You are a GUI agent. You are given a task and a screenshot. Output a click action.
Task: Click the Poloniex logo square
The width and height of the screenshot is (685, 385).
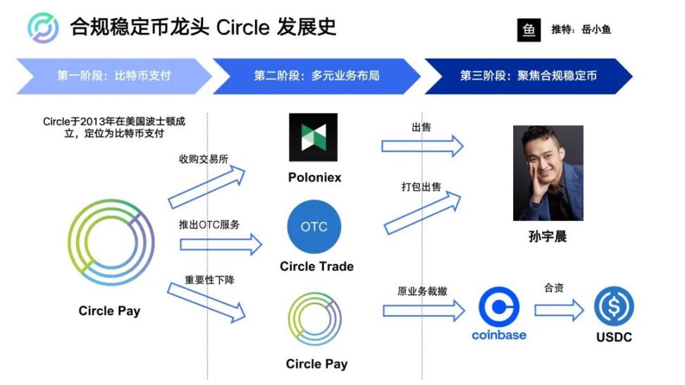pyautogui.click(x=313, y=137)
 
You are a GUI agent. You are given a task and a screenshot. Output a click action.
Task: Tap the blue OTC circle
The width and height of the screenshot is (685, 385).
pyautogui.click(x=314, y=226)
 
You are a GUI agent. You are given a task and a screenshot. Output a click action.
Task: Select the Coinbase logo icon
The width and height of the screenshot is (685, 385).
pyautogui.click(x=499, y=307)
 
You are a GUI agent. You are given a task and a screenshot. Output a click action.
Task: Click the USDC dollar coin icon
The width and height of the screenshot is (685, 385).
pyautogui.click(x=614, y=306)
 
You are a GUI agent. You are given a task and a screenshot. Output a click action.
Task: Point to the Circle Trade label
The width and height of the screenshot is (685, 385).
pyautogui.click(x=316, y=266)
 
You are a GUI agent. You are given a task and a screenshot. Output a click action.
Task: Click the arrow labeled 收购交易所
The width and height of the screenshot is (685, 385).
pyautogui.click(x=206, y=187)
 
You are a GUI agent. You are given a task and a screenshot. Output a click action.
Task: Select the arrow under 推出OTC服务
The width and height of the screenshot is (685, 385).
pyautogui.click(x=221, y=244)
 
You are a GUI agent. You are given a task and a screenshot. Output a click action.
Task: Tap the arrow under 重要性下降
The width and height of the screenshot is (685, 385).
pyautogui.click(x=206, y=302)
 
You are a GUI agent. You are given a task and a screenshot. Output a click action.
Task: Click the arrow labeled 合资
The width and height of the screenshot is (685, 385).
pyautogui.click(x=559, y=310)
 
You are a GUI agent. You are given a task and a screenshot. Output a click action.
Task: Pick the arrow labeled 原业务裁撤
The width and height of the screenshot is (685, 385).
pyautogui.click(x=424, y=310)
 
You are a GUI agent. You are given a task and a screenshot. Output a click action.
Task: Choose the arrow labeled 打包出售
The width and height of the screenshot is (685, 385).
pyautogui.click(x=422, y=212)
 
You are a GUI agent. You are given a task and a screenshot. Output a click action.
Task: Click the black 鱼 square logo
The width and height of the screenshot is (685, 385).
pyautogui.click(x=529, y=30)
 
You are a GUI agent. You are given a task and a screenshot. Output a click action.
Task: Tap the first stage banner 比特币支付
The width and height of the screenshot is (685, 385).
pyautogui.click(x=114, y=76)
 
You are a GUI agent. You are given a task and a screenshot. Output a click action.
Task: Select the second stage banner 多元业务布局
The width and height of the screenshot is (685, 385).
pyautogui.click(x=316, y=76)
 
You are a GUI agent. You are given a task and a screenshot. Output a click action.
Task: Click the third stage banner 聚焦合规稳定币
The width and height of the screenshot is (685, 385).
pyautogui.click(x=529, y=76)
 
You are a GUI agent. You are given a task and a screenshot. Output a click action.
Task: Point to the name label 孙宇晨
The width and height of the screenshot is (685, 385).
pyautogui.click(x=548, y=236)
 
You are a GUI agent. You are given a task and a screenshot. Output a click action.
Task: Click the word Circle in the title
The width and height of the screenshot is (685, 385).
pyautogui.click(x=243, y=28)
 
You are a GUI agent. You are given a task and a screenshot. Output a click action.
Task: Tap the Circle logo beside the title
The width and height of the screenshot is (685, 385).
pyautogui.click(x=43, y=28)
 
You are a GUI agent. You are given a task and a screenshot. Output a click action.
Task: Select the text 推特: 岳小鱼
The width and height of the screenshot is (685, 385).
pyautogui.click(x=581, y=30)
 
